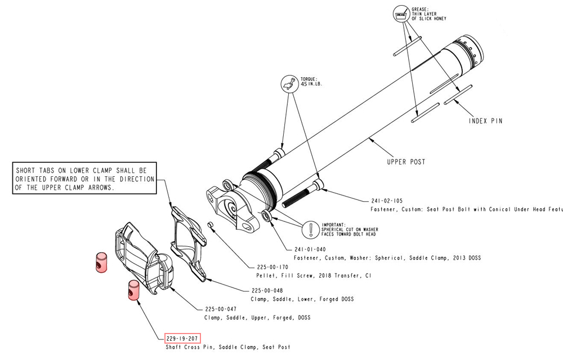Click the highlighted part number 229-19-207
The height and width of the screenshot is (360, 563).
[x=181, y=339]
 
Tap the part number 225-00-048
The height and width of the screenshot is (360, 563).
[x=267, y=291]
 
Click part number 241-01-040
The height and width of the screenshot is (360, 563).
[x=310, y=249]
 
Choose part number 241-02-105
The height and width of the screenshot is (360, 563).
[x=386, y=200]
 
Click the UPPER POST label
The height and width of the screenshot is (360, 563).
[x=405, y=162]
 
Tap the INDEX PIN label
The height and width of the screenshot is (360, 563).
[x=485, y=121]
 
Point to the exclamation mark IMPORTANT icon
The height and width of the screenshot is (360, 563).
[x=311, y=229]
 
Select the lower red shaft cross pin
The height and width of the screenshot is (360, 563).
[x=133, y=290]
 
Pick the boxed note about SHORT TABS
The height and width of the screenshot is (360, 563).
[x=84, y=179]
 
